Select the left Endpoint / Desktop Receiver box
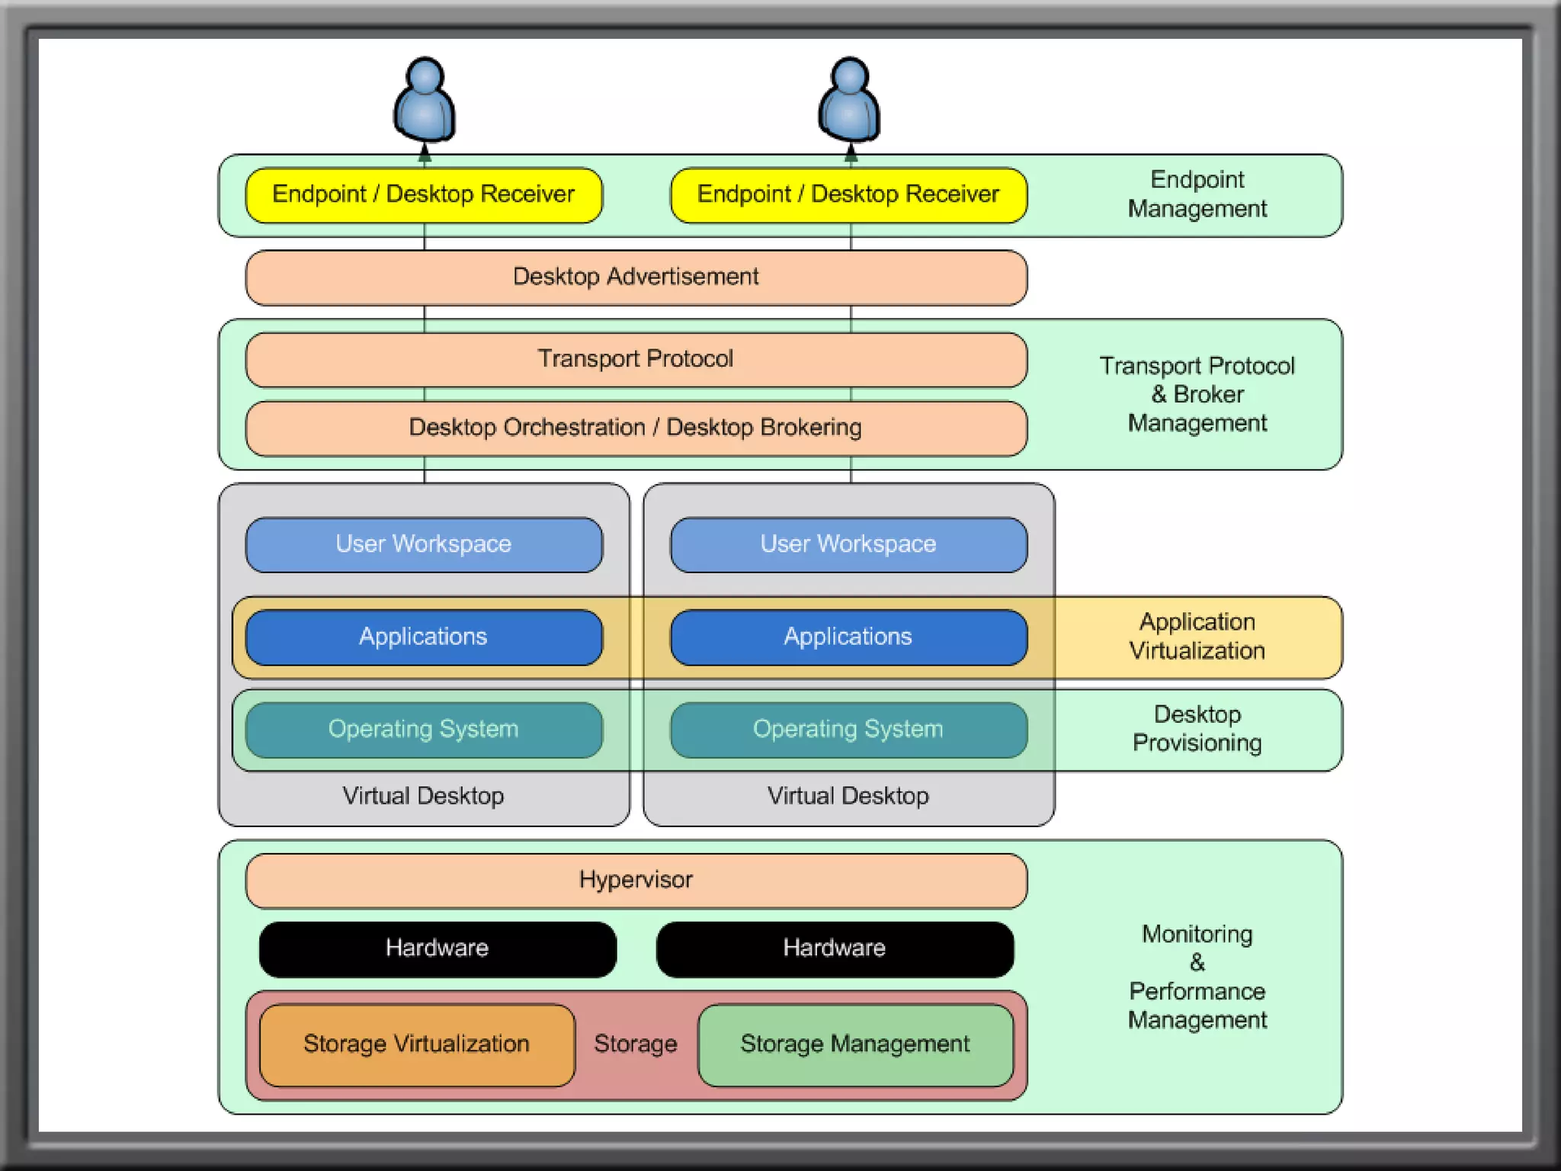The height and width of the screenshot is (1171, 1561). [x=424, y=195]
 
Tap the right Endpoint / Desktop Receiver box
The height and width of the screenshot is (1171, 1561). [x=848, y=195]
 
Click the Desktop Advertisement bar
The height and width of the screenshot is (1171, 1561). [x=636, y=278]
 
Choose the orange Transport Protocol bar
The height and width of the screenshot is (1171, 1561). [x=636, y=360]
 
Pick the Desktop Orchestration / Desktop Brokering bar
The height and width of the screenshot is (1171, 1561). [x=636, y=428]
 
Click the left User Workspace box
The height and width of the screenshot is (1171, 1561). [x=424, y=545]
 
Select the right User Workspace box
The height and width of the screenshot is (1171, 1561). [x=848, y=545]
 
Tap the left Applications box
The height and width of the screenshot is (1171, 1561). [x=424, y=637]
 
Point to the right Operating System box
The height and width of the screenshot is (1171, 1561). [x=848, y=730]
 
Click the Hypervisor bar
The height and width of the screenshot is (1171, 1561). [x=636, y=881]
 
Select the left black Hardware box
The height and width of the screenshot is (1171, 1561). [x=438, y=949]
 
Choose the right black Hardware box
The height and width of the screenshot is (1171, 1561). [x=835, y=949]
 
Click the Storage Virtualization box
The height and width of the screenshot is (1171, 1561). [x=417, y=1044]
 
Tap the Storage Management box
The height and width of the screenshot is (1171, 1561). [x=855, y=1044]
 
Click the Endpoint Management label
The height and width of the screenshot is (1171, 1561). [x=1197, y=194]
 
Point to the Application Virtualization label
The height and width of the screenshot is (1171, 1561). [x=1197, y=637]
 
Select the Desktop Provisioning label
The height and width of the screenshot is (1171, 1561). [x=1197, y=729]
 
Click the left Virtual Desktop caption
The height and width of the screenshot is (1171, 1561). [x=423, y=797]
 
